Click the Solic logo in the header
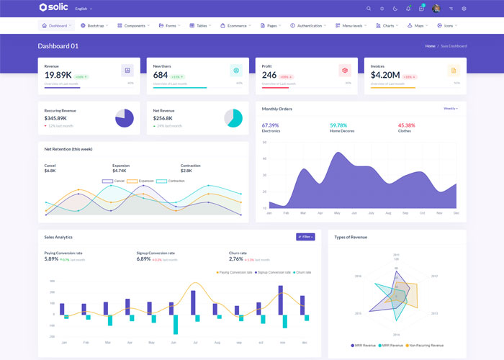point(55,8)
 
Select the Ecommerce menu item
point(238,25)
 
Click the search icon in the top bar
point(369,9)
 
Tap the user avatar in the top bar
point(436,9)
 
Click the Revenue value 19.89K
point(58,75)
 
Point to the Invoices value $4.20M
point(385,75)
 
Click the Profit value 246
point(269,75)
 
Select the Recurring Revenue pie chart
point(125,118)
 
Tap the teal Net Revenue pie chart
point(233,118)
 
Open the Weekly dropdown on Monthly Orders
point(451,108)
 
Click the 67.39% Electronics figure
point(271,125)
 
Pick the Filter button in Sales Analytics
point(305,236)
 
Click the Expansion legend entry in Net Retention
point(142,181)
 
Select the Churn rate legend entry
point(302,272)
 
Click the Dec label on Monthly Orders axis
point(456,213)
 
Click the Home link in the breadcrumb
point(430,46)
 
